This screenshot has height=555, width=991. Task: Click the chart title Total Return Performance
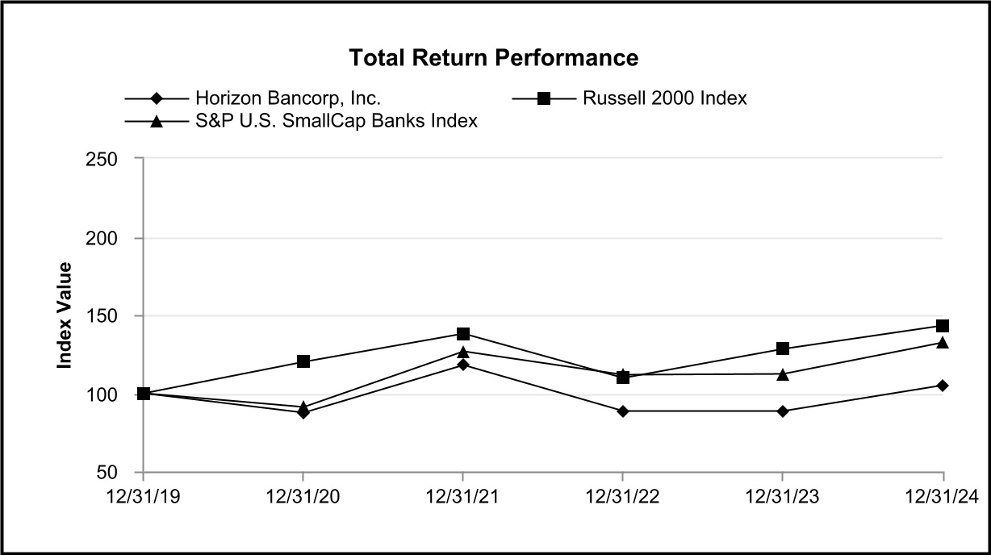(494, 58)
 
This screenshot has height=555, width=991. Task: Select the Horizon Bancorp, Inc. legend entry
(253, 98)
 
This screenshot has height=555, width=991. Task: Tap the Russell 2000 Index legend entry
(629, 98)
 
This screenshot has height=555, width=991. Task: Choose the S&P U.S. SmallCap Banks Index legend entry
(301, 121)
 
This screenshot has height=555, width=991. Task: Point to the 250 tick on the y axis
(102, 159)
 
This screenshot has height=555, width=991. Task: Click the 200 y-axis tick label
(102, 239)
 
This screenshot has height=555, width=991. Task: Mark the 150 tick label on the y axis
(102, 317)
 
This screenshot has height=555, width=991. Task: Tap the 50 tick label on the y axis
(107, 473)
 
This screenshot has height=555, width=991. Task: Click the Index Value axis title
(65, 315)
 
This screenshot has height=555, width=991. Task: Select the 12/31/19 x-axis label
(144, 497)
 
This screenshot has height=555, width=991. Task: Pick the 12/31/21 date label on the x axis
(462, 497)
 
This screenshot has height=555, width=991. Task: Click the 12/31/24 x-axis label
(943, 497)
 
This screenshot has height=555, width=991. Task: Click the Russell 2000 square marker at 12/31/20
(303, 361)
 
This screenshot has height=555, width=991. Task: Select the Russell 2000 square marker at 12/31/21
(463, 333)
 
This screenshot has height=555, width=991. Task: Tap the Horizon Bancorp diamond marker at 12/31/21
(463, 365)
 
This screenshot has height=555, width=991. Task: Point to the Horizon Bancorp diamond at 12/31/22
(623, 411)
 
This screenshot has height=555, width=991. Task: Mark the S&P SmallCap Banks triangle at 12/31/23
(783, 374)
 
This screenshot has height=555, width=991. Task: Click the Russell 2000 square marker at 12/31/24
(943, 326)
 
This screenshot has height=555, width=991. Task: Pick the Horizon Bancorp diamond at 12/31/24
(943, 386)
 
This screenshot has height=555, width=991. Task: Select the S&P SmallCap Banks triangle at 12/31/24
(943, 342)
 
